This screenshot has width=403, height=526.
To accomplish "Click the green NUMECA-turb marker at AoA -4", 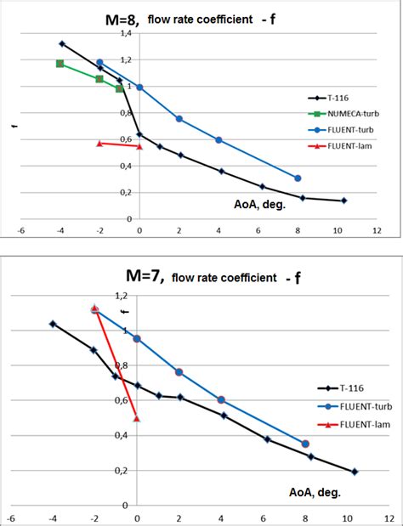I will tap(60, 64).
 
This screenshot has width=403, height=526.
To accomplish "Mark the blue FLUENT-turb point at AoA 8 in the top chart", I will tap(298, 178).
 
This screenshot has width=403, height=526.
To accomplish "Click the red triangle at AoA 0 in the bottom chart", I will tap(137, 418).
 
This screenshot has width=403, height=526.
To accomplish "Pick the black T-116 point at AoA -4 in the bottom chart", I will tap(53, 324).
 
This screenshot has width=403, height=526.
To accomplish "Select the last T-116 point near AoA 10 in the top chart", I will tap(344, 201).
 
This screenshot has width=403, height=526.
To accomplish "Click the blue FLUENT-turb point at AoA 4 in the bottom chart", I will tap(221, 399).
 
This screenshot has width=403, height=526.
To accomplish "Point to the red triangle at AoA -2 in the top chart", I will tap(99, 143).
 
